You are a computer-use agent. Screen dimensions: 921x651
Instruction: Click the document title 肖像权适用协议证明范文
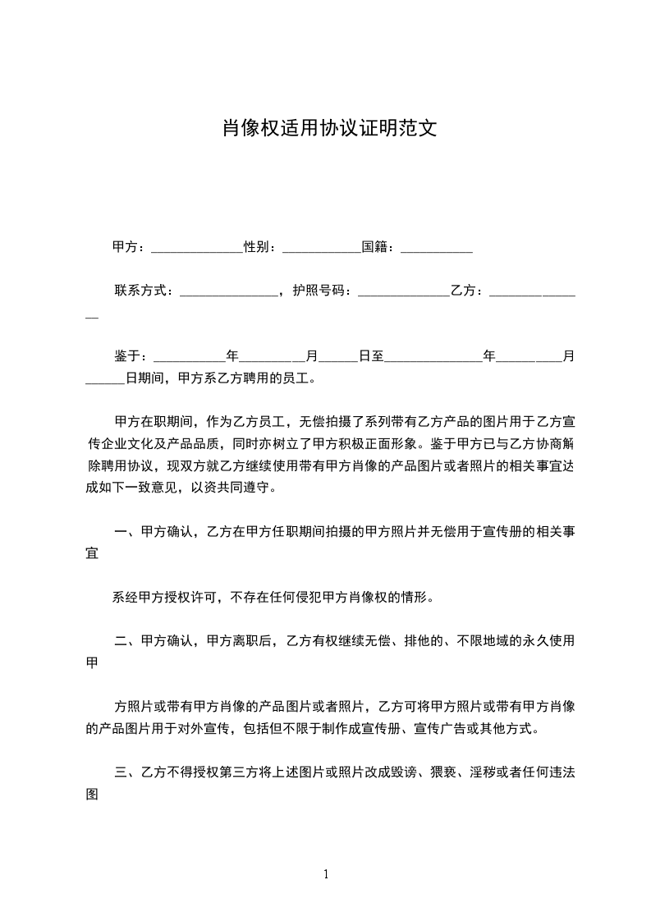pos(326,128)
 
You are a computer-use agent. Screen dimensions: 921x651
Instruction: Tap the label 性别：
pos(259,247)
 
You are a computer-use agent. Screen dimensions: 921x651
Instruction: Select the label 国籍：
pos(380,247)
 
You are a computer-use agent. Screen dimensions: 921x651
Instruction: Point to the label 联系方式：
pos(144,291)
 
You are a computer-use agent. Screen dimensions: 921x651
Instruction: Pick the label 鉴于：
pos(131,356)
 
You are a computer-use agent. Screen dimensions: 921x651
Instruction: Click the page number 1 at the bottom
pos(326,874)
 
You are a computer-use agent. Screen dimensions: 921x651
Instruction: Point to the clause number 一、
pos(127,532)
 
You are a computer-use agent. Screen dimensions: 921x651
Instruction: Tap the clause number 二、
pos(127,641)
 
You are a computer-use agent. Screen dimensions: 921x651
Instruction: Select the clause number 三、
pos(127,772)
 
